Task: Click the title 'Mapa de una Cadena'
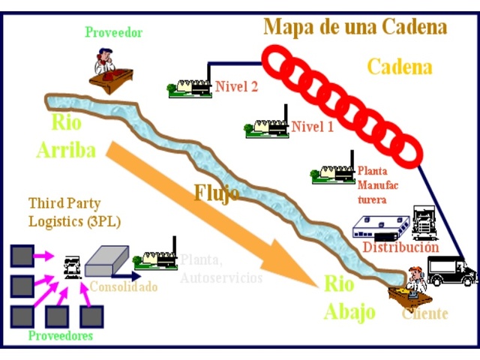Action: [x=355, y=28]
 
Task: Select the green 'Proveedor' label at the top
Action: [x=113, y=32]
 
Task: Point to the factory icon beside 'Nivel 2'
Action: [x=190, y=88]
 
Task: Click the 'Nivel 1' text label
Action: [x=313, y=127]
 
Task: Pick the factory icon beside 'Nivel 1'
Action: [x=267, y=127]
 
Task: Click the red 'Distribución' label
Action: [x=400, y=247]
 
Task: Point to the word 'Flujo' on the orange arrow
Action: [x=217, y=193]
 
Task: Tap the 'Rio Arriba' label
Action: [x=67, y=136]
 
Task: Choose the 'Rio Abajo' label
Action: [x=349, y=297]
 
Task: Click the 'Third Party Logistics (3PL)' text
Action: [x=74, y=212]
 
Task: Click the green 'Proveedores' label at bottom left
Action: [x=61, y=335]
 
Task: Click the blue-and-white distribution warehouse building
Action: [x=383, y=227]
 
